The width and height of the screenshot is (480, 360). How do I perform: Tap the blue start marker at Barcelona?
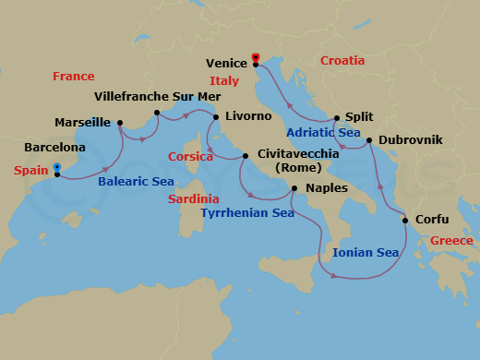point(57,167)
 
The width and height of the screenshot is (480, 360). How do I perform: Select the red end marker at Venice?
point(255,57)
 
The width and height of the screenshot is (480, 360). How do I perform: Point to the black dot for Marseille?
point(120,123)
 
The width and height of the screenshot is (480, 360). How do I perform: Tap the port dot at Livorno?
point(216,117)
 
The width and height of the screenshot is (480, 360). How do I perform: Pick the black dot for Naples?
point(294,189)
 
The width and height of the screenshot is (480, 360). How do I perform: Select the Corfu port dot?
point(405,221)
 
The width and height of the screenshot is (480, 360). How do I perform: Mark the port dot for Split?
point(337,117)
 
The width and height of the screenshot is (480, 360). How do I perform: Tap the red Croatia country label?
point(342,61)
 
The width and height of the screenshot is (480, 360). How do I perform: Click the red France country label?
point(74,76)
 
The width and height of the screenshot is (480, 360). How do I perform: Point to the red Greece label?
point(451,241)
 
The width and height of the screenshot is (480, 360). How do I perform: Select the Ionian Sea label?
point(365,252)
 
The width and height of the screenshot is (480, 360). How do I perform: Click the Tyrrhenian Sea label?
point(247,213)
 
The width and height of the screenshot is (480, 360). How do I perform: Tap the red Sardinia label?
point(194,198)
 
